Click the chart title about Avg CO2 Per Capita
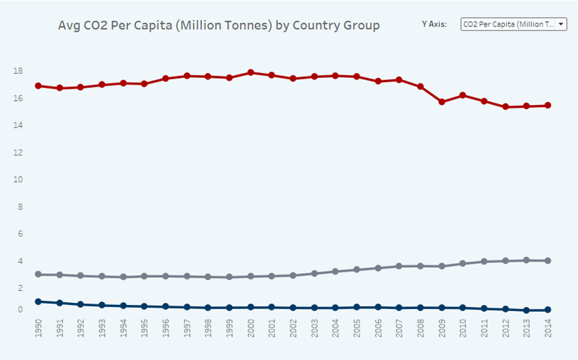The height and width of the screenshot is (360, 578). (220, 25)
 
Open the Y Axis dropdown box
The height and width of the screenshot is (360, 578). (514, 24)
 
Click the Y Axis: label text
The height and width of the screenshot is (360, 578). (434, 24)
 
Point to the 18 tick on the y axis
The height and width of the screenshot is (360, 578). (18, 71)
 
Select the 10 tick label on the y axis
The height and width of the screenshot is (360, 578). (18, 180)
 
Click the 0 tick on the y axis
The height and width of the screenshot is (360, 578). (20, 310)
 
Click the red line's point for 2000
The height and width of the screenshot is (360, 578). (251, 73)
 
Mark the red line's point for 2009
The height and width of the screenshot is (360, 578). (442, 102)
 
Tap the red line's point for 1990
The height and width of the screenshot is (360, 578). (38, 86)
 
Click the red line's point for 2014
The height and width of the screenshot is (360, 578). (548, 105)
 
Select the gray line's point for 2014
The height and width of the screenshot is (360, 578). (548, 260)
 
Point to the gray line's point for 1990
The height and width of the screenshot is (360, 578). (38, 275)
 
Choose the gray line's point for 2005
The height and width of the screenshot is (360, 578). (356, 269)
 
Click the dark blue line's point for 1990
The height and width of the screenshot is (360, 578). (38, 302)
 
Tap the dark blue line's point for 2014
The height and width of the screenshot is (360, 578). (548, 310)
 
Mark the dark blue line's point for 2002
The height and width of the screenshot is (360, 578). (293, 308)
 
